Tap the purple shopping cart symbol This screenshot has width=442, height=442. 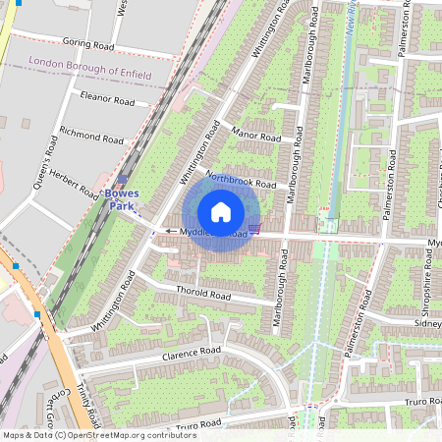[254, 228]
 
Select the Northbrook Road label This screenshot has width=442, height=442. [241, 178]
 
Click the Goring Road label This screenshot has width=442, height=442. [88, 43]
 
